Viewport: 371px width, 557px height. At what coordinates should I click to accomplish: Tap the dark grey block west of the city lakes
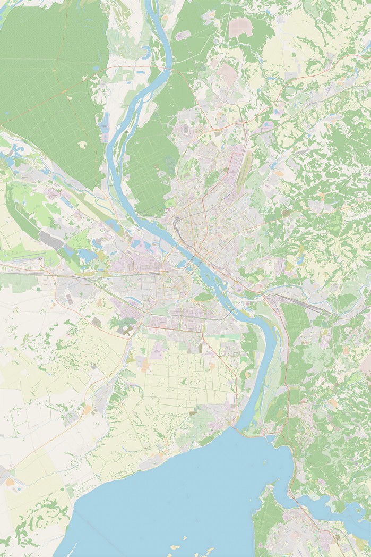[51, 240]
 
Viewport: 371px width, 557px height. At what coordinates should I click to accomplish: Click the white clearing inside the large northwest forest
[82, 144]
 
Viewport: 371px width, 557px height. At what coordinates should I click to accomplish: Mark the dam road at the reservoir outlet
[234, 425]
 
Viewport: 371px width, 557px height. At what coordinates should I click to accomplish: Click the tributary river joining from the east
[297, 290]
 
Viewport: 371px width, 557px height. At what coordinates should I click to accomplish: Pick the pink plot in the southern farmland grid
[158, 350]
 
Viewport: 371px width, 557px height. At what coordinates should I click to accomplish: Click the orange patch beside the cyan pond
[10, 482]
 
